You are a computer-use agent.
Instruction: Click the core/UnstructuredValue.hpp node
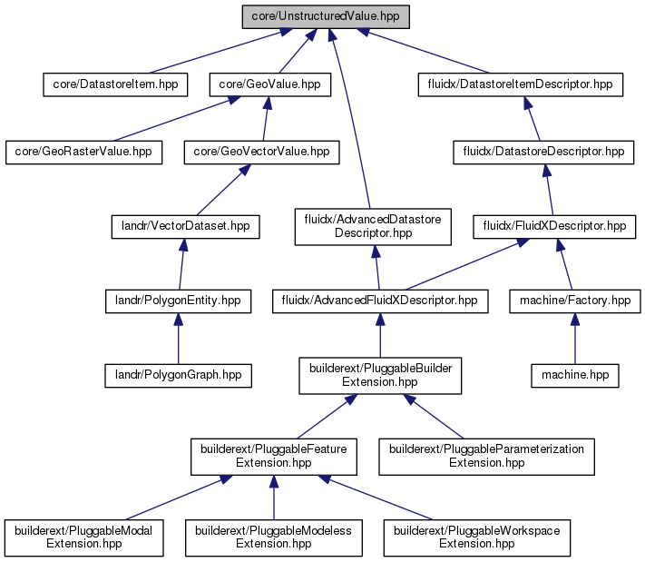point(326,17)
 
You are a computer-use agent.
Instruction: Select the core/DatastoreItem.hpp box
point(115,84)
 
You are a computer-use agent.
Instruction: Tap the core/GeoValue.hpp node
point(270,84)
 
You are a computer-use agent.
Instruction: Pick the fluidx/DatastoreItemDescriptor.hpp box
point(521,84)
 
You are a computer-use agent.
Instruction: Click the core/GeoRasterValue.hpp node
point(84,153)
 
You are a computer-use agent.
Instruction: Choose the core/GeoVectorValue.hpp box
point(262,153)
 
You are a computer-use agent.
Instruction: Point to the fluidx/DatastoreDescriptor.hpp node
point(543,153)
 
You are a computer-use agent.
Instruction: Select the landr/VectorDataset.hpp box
point(186,226)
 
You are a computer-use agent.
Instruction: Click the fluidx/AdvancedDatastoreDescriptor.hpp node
point(373,227)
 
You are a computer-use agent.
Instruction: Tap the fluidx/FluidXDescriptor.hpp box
point(554,226)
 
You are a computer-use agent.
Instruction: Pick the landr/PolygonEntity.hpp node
point(178,301)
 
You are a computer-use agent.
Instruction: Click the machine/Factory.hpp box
point(575,301)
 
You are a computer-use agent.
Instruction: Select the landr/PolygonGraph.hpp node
point(178,376)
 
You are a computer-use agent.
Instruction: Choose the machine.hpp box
point(575,376)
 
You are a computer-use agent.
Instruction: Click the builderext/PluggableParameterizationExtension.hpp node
point(486,457)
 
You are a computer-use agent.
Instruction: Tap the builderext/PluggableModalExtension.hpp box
point(84,538)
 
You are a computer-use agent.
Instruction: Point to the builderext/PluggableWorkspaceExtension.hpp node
point(477,538)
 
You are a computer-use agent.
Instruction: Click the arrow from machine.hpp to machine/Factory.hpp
point(575,339)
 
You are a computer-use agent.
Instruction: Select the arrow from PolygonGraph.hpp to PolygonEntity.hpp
point(178,339)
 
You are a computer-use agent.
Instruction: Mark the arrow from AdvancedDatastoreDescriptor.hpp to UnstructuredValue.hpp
point(350,120)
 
